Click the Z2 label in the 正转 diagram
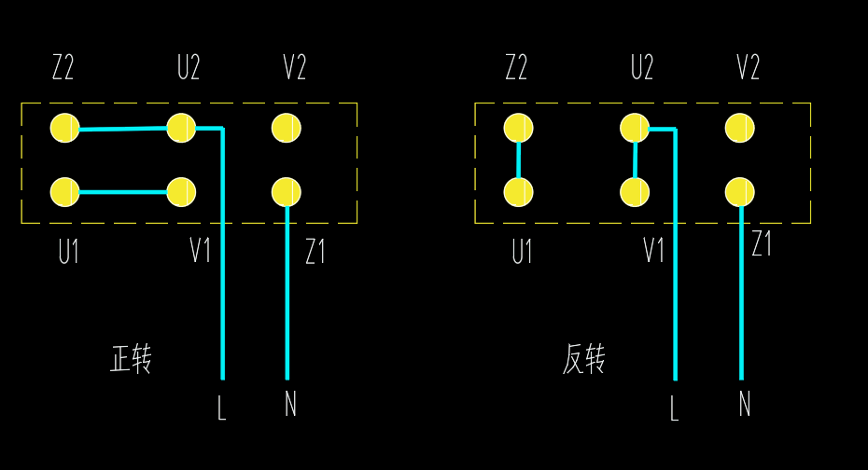click(x=63, y=68)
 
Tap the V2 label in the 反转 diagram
click(x=748, y=68)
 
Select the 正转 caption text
click(x=131, y=359)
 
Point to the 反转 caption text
click(x=584, y=359)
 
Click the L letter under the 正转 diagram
click(x=221, y=408)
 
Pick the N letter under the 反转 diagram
click(x=744, y=404)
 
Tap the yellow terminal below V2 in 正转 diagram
click(x=287, y=128)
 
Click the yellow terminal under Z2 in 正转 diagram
click(x=64, y=128)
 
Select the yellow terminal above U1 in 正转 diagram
click(x=64, y=192)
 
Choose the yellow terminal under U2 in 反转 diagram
click(x=635, y=128)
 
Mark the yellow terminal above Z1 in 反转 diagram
click(x=739, y=192)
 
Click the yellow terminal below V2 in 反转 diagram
click(x=739, y=128)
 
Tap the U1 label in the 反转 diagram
click(x=522, y=252)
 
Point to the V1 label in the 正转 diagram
click(x=200, y=250)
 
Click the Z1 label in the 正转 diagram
click(x=315, y=251)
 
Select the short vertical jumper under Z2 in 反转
click(x=518, y=160)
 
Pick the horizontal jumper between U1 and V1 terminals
click(x=123, y=193)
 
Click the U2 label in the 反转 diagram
click(x=641, y=68)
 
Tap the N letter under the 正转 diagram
click(x=290, y=404)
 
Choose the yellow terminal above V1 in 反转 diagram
click(x=635, y=192)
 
